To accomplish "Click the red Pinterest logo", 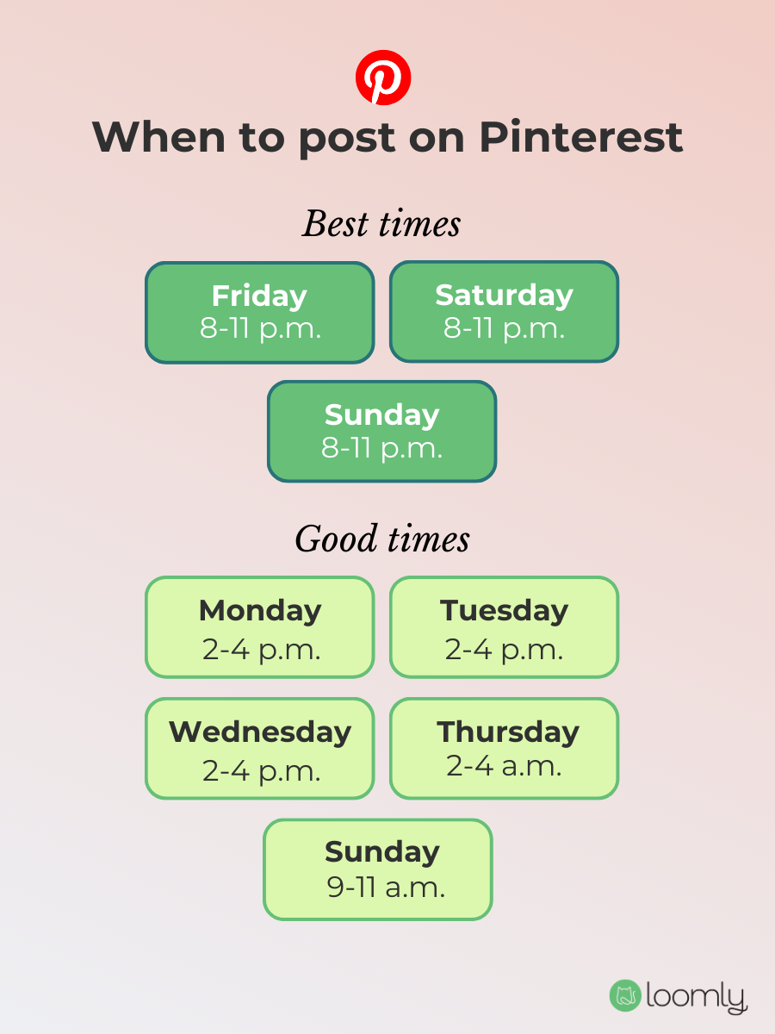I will point(383,78).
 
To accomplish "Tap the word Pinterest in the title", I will point(581,137).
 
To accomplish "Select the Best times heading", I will point(381,225).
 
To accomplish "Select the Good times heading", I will point(382,540).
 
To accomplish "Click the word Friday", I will point(259,296).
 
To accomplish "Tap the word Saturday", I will point(504,295).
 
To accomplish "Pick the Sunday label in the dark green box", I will point(381,414).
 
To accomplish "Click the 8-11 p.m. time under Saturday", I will point(504,328).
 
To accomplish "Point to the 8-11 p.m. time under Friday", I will point(260,328).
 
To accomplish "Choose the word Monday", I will point(260,610).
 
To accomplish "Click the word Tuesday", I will point(505,610).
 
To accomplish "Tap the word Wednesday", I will point(260,732).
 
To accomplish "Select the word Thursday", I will point(508,732).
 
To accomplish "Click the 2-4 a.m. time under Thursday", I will point(504,766).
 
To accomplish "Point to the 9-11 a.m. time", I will point(386,888).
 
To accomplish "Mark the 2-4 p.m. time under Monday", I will point(261,650).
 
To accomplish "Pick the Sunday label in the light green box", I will point(381,851).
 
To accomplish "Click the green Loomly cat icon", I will point(625,995).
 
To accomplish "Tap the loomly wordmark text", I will point(696,997).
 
